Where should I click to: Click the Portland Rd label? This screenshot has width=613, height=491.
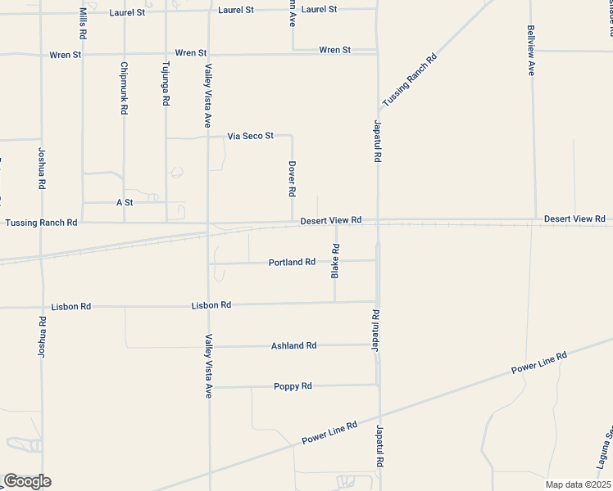tap(292, 263)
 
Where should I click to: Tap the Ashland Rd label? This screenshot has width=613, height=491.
tap(293, 346)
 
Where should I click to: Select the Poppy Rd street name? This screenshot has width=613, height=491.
tap(293, 386)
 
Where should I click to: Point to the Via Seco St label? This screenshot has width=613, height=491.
tap(250, 136)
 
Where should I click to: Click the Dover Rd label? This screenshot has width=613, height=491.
tap(292, 178)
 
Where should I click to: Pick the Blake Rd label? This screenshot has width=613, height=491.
tap(335, 261)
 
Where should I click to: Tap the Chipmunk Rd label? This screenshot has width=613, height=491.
tap(124, 88)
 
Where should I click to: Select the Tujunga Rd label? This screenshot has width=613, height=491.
tap(166, 83)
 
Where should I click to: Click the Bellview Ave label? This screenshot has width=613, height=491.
tap(531, 50)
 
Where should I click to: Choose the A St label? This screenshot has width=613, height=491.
tap(125, 202)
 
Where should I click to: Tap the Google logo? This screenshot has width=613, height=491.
tap(27, 481)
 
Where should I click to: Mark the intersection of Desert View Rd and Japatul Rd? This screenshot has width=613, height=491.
tap(378, 221)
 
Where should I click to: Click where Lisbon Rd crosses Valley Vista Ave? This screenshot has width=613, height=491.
tap(208, 305)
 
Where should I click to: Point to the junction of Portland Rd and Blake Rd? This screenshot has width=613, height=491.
tap(335, 262)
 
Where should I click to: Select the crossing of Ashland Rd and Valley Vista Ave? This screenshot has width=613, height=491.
tap(208, 346)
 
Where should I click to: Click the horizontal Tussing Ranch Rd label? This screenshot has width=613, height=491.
tap(41, 223)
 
